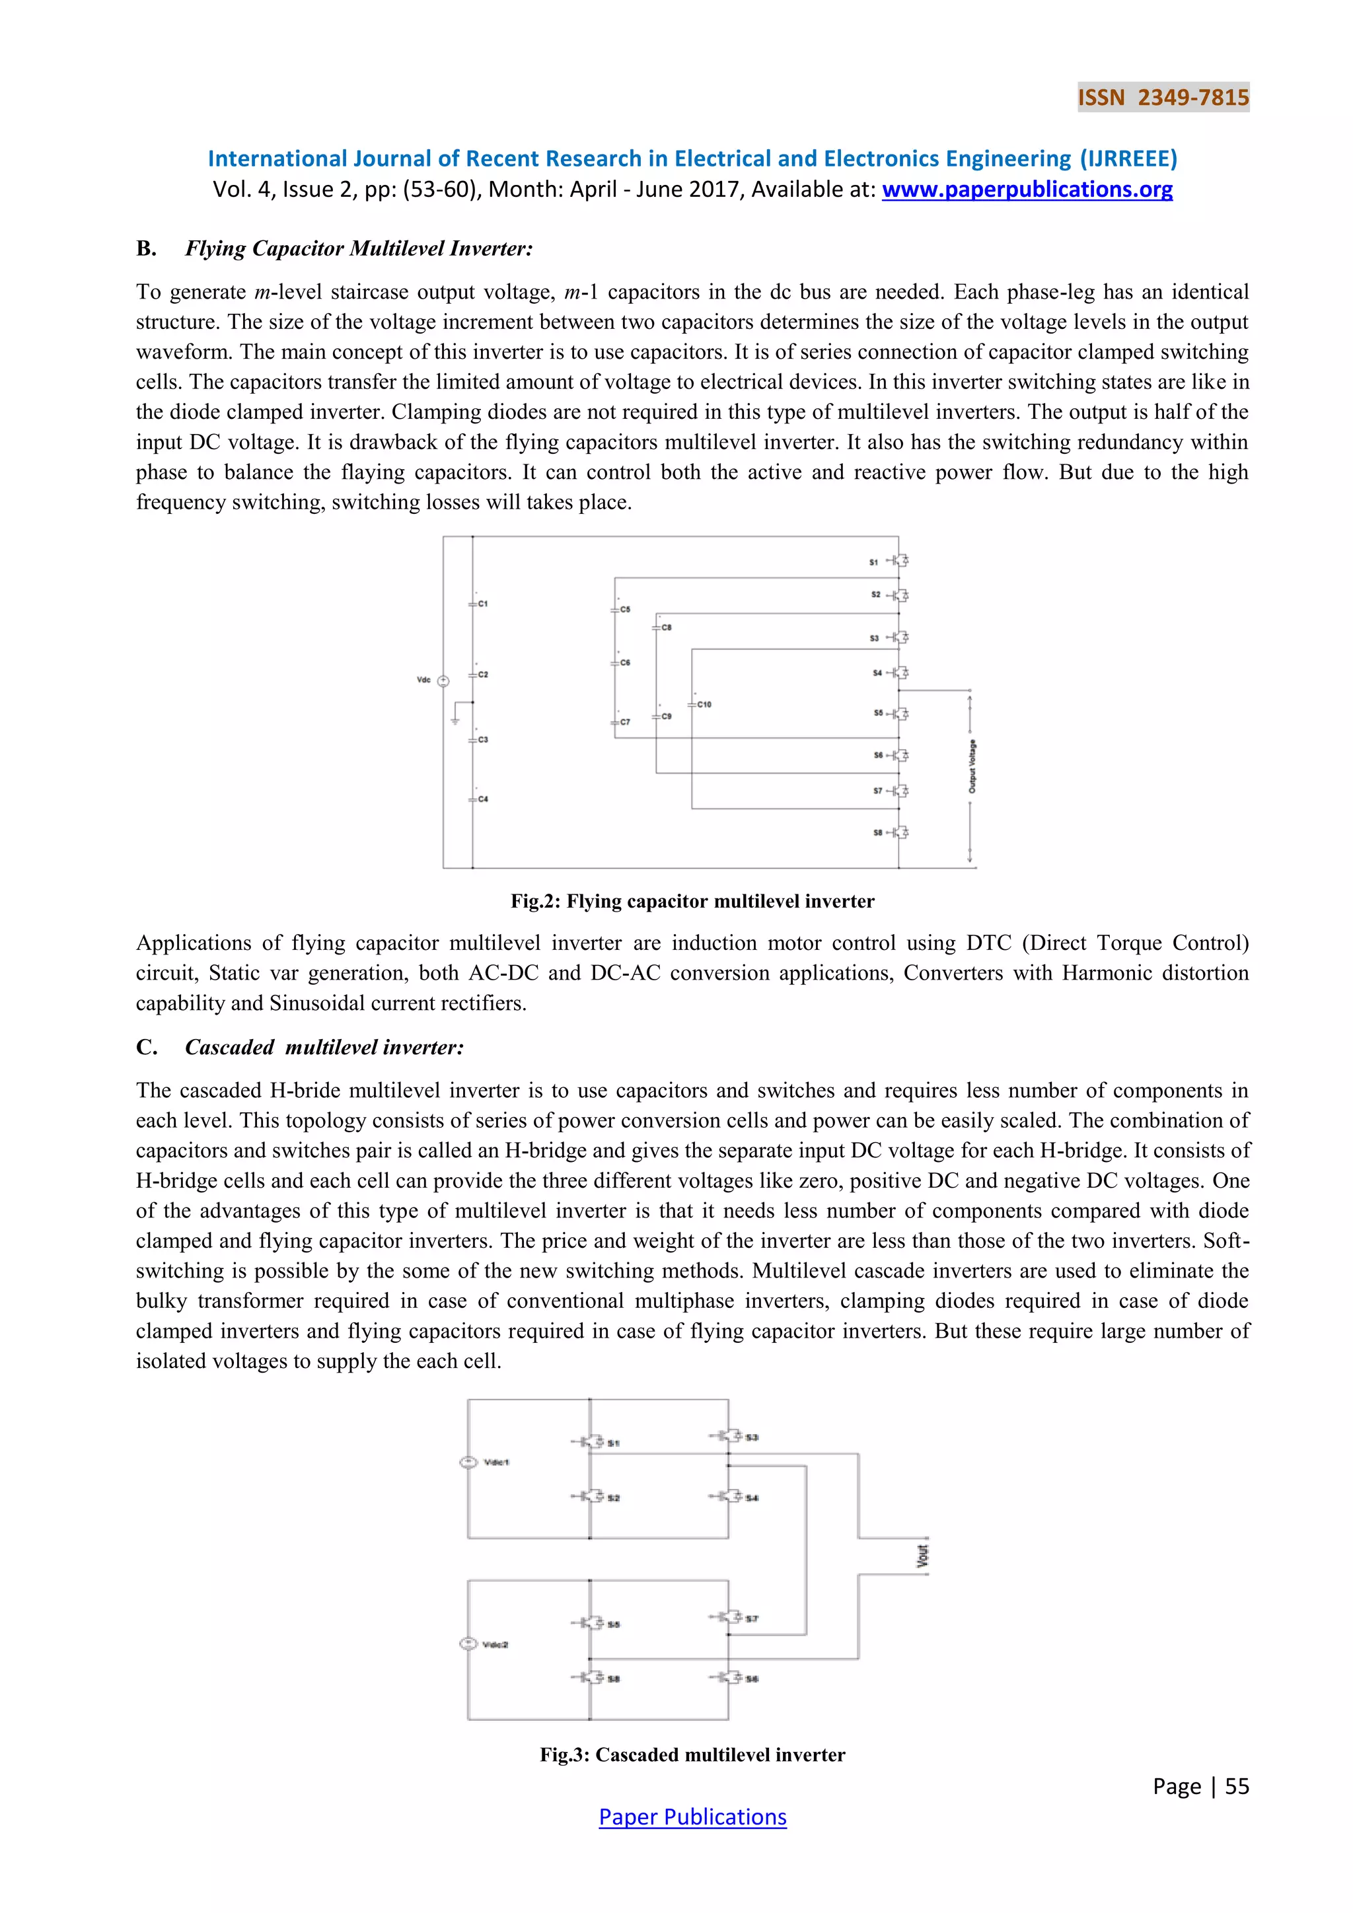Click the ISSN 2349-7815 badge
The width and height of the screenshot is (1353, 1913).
pyautogui.click(x=1163, y=98)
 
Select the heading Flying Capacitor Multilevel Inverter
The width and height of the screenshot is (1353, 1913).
pyautogui.click(x=358, y=248)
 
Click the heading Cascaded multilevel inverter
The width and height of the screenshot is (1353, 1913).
pyautogui.click(x=324, y=1047)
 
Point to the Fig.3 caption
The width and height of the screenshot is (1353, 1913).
pyautogui.click(x=692, y=1754)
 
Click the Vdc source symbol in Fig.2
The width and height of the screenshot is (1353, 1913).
pyautogui.click(x=443, y=681)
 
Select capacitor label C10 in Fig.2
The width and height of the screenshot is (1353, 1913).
pyautogui.click(x=704, y=704)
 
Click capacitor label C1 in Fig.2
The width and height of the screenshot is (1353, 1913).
pyautogui.click(x=483, y=603)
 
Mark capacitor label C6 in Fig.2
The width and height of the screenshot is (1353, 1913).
pyautogui.click(x=625, y=663)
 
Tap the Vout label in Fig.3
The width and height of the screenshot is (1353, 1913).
pyautogui.click(x=922, y=1556)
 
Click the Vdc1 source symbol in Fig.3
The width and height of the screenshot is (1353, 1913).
pyautogui.click(x=468, y=1462)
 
